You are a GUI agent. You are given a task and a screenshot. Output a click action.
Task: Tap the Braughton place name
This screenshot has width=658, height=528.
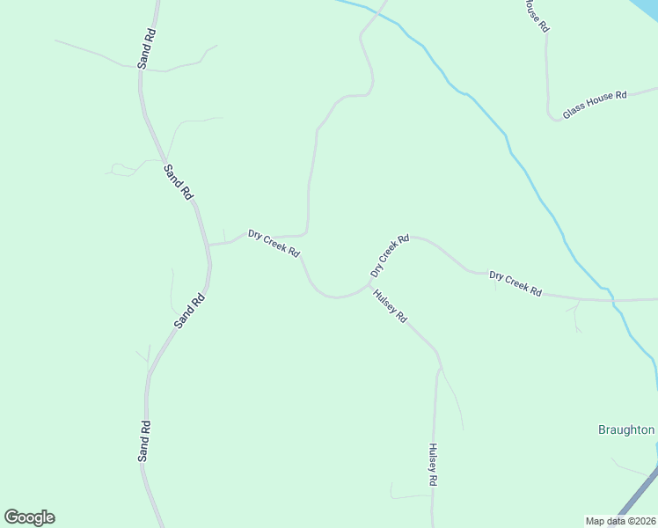pyautogui.click(x=626, y=430)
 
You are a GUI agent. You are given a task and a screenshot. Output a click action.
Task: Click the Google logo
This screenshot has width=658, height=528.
pyautogui.click(x=29, y=517)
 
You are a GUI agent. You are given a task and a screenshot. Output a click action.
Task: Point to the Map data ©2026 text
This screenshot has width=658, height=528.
pyautogui.click(x=620, y=521)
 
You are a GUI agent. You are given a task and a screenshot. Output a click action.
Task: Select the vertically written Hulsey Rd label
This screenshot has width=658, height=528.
pyautogui.click(x=433, y=465)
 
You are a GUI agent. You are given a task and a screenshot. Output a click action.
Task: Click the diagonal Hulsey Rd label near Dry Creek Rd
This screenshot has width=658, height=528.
pyautogui.click(x=390, y=305)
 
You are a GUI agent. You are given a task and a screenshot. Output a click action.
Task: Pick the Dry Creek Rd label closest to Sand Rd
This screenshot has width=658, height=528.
pyautogui.click(x=274, y=244)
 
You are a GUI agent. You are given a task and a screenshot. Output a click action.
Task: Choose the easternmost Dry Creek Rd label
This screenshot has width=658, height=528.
pyautogui.click(x=515, y=283)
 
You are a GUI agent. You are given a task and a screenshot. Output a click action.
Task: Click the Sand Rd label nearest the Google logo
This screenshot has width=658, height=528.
pyautogui.click(x=145, y=441)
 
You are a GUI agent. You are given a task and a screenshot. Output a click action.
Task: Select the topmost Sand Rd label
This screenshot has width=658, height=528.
pyautogui.click(x=146, y=49)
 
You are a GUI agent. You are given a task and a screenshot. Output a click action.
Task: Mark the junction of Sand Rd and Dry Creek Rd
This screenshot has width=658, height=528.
pyautogui.click(x=208, y=245)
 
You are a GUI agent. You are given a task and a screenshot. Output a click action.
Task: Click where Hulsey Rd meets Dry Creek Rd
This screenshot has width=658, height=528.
pyautogui.click(x=370, y=285)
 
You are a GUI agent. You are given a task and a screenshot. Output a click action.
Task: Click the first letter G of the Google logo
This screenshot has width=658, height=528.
pyautogui.click(x=12, y=517)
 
